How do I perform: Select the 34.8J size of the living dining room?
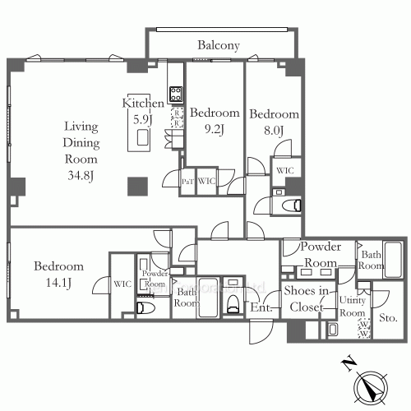tap(81, 174)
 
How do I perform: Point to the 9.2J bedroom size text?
tap(214, 128)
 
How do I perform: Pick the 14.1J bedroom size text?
tap(58, 284)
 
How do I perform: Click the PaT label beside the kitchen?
tap(188, 182)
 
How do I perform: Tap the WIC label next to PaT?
tap(206, 182)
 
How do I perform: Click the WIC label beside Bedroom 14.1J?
tap(122, 284)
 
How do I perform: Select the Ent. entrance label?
tap(261, 308)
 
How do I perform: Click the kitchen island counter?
tap(138, 133)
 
